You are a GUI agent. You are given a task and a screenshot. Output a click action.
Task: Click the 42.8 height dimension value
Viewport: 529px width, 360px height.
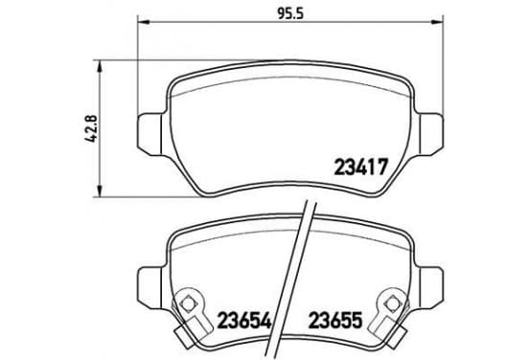[x=90, y=128]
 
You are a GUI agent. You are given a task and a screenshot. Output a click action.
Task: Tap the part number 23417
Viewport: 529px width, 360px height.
[x=360, y=168]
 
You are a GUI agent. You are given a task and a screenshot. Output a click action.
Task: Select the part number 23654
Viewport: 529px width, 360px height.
[x=244, y=320]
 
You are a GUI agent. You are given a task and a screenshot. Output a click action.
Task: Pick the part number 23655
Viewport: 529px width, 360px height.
[x=335, y=320]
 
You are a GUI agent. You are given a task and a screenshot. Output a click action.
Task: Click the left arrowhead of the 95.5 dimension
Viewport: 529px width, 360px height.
[x=144, y=22]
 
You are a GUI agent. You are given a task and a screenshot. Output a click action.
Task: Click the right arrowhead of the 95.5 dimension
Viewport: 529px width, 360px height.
[x=437, y=22]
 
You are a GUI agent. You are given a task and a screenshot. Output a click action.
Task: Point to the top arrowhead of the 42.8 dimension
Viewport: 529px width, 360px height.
[x=99, y=66]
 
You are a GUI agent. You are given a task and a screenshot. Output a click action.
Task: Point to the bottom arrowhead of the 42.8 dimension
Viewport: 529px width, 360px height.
[x=99, y=191]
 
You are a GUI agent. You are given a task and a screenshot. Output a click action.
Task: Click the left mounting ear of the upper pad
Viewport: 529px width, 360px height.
[x=150, y=134]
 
